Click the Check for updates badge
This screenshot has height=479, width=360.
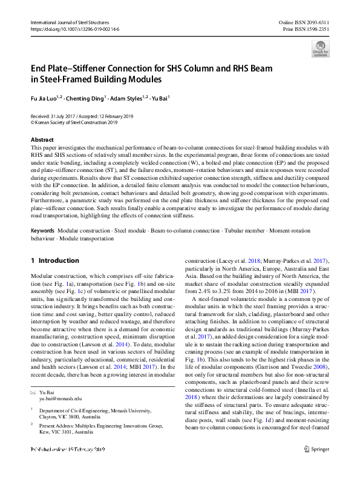click(x=320, y=48)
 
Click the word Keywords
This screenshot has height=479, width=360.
click(x=43, y=231)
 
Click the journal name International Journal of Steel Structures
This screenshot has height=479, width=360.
click(x=74, y=22)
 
